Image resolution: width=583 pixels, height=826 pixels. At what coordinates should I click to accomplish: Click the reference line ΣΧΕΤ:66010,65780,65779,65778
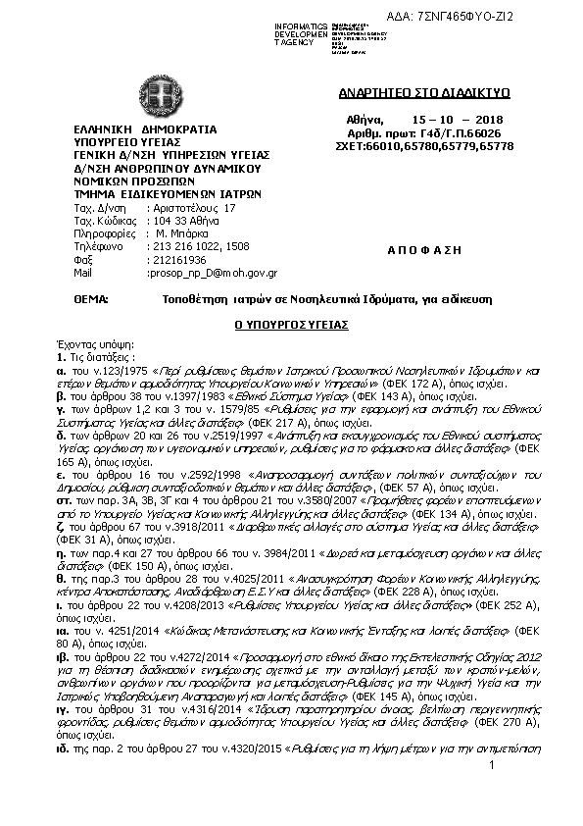coord(424,145)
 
